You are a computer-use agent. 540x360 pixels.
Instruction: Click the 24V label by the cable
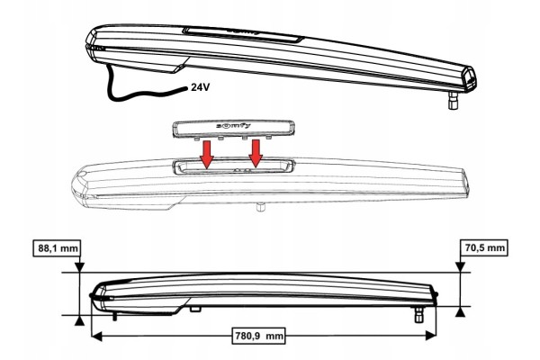click(200, 87)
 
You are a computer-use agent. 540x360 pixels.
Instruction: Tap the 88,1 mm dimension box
click(58, 248)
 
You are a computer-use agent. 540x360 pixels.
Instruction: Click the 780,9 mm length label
click(260, 336)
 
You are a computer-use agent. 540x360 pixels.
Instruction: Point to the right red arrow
click(256, 154)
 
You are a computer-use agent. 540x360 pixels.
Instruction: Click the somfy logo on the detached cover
click(233, 126)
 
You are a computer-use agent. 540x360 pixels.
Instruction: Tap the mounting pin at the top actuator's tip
click(454, 100)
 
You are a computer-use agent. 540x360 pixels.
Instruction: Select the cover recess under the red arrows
click(234, 166)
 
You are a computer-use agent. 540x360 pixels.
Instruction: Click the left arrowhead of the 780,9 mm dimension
click(97, 336)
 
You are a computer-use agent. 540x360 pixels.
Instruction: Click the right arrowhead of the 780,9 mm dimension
click(430, 336)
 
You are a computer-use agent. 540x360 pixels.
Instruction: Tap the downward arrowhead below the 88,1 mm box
click(79, 267)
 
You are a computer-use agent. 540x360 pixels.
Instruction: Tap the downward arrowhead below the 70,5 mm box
click(460, 267)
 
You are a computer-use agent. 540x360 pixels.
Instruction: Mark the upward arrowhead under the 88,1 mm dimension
click(79, 320)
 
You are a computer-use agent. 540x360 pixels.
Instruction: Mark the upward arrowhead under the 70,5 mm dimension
click(460, 311)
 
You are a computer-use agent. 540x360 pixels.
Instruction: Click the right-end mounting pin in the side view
click(419, 314)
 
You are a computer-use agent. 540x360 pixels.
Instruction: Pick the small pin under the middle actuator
click(260, 208)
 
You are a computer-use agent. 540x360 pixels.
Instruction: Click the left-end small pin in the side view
click(114, 317)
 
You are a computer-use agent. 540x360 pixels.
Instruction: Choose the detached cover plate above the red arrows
click(233, 129)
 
